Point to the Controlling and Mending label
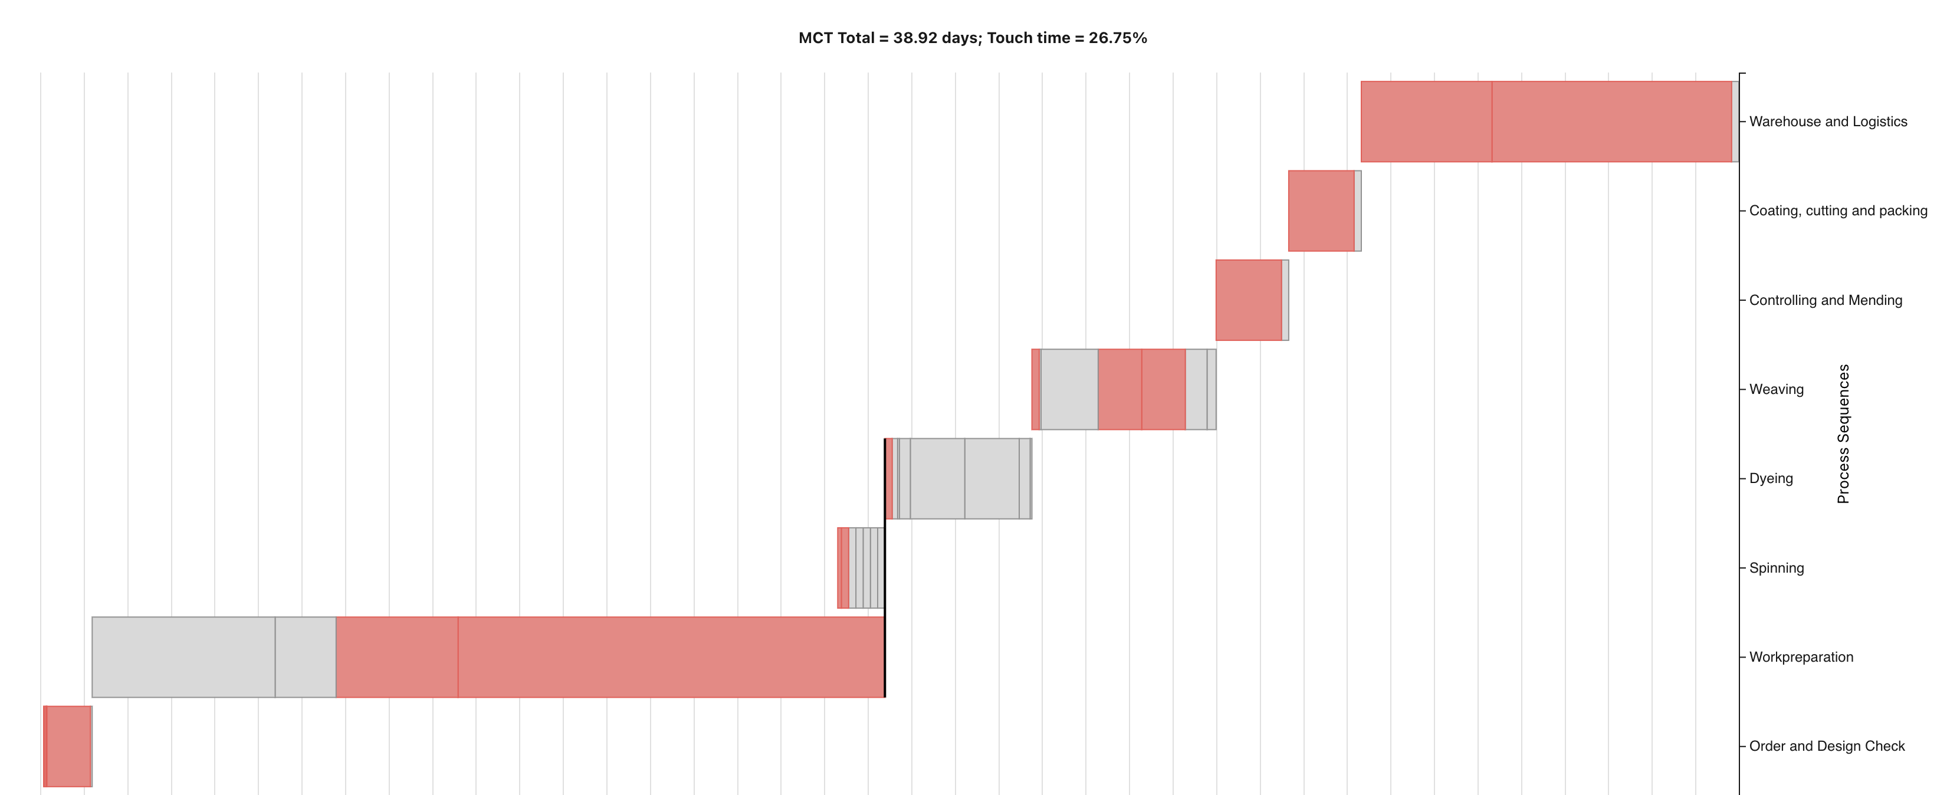point(1825,300)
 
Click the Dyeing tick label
point(1770,478)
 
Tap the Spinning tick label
point(1775,568)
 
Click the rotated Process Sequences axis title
point(1843,434)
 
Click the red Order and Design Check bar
point(68,746)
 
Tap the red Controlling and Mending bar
point(1248,300)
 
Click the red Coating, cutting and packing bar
point(1321,211)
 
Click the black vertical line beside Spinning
point(885,568)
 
